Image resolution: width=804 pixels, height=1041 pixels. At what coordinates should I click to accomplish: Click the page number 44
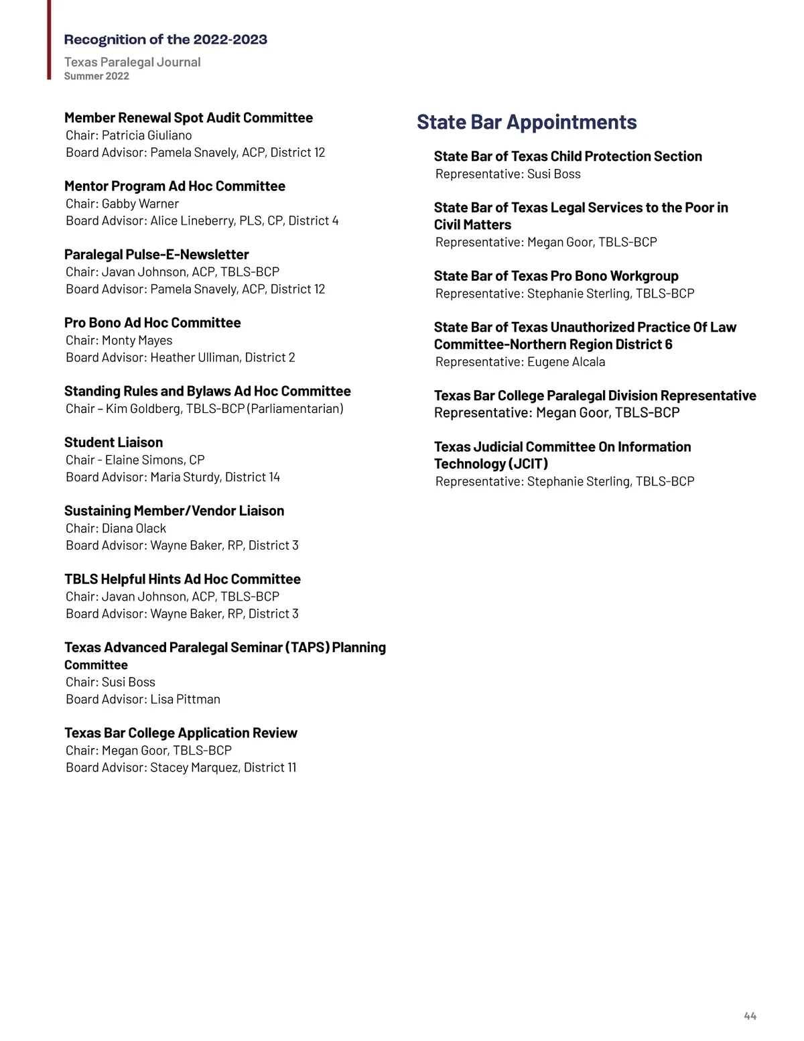pyautogui.click(x=750, y=1016)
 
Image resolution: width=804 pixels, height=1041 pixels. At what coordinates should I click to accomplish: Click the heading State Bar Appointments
pyautogui.click(x=527, y=122)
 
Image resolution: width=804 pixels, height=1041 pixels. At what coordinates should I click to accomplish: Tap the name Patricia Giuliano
pyautogui.click(x=147, y=135)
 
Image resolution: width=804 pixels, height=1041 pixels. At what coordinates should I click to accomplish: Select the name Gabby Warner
pyautogui.click(x=140, y=204)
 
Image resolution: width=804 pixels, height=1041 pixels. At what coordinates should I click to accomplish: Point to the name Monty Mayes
pyautogui.click(x=137, y=341)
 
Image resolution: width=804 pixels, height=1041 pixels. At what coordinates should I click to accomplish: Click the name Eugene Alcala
pyautogui.click(x=566, y=362)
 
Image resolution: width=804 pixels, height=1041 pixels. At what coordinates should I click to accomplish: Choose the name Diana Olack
pyautogui.click(x=134, y=528)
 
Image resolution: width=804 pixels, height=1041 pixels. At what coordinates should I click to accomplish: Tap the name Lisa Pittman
pyautogui.click(x=185, y=699)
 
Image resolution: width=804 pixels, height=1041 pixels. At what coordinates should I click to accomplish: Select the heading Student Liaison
pyautogui.click(x=114, y=442)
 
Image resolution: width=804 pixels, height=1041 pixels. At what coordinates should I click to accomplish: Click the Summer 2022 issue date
pyautogui.click(x=96, y=76)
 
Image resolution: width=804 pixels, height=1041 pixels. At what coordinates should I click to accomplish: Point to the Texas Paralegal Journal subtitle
pyautogui.click(x=133, y=62)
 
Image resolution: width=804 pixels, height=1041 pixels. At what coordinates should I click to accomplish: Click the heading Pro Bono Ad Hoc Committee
pyautogui.click(x=153, y=323)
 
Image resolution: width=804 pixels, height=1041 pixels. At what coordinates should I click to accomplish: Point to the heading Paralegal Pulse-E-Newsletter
pyautogui.click(x=157, y=255)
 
